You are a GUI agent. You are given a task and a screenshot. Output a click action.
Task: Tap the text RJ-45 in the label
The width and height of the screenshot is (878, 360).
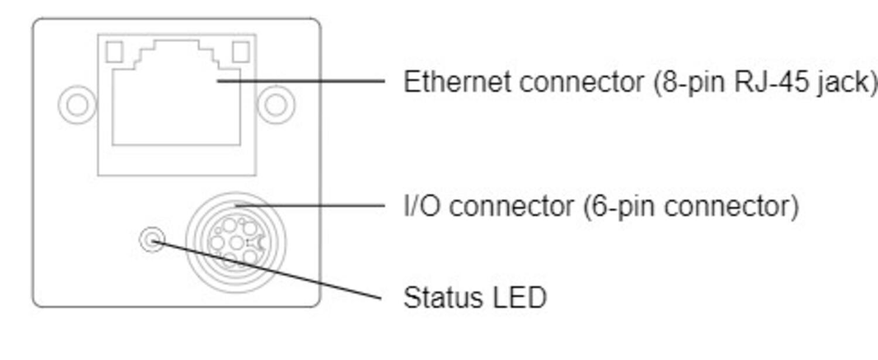pyautogui.click(x=771, y=81)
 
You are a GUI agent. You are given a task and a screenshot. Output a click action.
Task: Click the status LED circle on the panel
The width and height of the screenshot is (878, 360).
pyautogui.click(x=152, y=239)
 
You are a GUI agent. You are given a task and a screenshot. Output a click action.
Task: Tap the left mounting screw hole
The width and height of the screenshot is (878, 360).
pyautogui.click(x=77, y=105)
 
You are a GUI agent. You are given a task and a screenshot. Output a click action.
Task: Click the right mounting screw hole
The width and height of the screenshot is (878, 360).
pyautogui.click(x=276, y=105)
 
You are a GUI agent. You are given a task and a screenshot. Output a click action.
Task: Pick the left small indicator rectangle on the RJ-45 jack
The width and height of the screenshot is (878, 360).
pyautogui.click(x=115, y=52)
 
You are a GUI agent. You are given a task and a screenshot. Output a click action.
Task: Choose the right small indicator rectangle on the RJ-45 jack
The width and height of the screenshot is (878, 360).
pyautogui.click(x=241, y=52)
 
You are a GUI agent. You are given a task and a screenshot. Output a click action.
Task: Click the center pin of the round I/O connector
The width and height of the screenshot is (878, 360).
pyautogui.click(x=236, y=243)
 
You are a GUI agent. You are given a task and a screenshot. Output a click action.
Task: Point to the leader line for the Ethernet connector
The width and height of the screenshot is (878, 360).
pyautogui.click(x=301, y=81)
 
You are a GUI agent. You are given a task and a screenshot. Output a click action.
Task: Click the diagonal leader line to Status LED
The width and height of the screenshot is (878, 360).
pyautogui.click(x=266, y=270)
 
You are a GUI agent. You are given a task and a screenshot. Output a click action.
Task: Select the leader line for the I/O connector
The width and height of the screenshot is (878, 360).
pyautogui.click(x=310, y=205)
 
